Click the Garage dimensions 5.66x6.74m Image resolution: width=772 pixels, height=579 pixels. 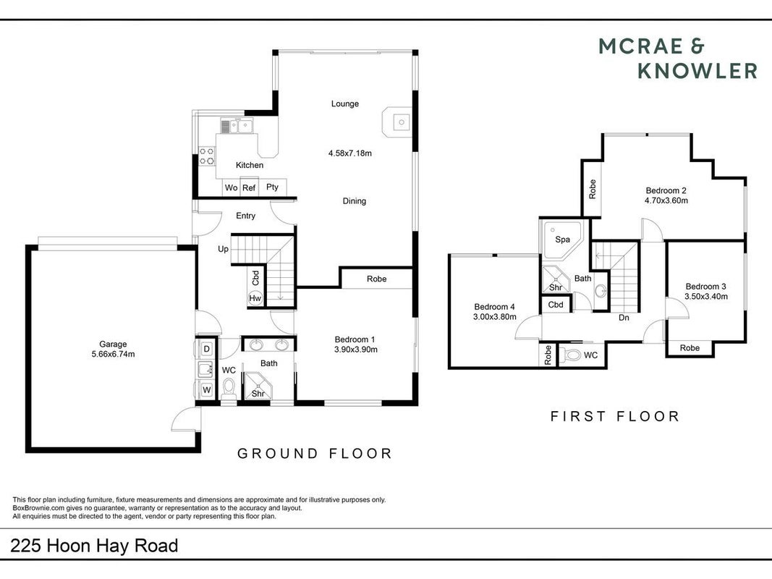(114, 354)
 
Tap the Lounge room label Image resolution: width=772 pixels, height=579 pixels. (344, 104)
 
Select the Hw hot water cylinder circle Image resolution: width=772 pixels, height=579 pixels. (255, 298)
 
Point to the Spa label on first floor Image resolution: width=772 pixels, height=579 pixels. (562, 240)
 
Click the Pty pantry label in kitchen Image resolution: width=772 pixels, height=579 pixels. (272, 187)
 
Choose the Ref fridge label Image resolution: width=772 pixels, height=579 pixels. (249, 187)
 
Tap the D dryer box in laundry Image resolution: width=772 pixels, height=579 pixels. (207, 349)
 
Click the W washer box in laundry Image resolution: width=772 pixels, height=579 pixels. (207, 390)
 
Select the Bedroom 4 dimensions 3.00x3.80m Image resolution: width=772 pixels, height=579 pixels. (494, 317)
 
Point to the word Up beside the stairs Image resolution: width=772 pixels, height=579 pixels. (223, 249)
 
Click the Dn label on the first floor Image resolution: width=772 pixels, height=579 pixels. (624, 318)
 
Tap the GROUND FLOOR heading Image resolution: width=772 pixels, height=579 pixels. (315, 454)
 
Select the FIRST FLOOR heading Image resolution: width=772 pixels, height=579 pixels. (615, 417)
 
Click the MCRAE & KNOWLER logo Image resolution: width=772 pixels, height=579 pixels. (678, 59)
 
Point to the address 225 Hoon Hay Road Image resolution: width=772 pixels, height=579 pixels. (94, 546)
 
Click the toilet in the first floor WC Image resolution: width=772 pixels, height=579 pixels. (570, 355)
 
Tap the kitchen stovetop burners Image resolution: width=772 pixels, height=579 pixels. (206, 156)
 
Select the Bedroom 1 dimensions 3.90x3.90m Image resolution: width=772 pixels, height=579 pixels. (355, 350)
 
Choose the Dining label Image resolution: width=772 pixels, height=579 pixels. (355, 201)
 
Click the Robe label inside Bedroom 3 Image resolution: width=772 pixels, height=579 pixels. (690, 348)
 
